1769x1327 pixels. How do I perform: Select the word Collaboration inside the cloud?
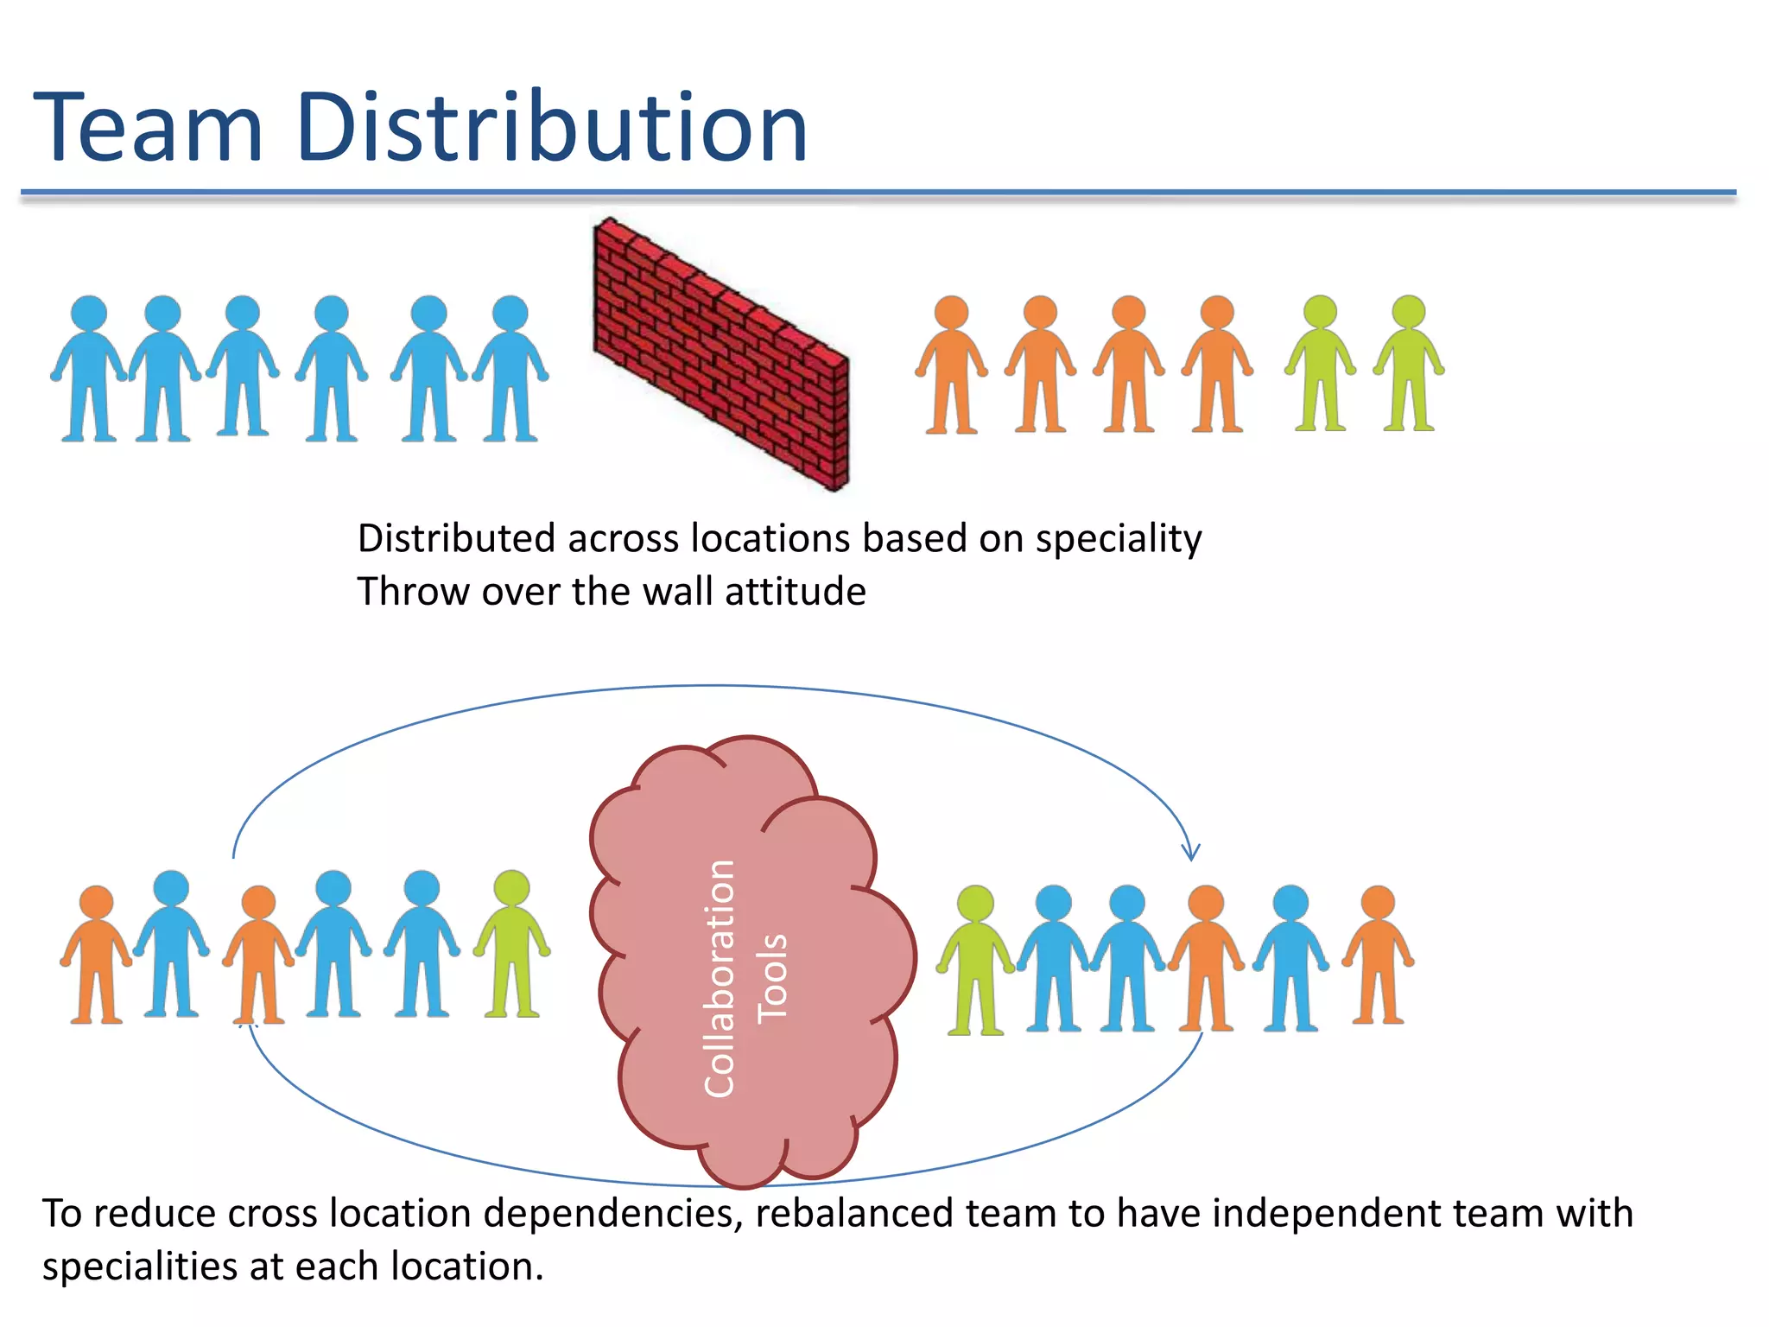tap(719, 978)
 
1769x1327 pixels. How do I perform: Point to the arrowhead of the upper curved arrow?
tap(1191, 854)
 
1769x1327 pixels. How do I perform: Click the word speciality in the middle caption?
tap(1119, 538)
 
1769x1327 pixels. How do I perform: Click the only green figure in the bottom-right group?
tap(976, 959)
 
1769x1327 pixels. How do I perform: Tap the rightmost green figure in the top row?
tap(1409, 363)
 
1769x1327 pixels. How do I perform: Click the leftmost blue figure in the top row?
tap(88, 368)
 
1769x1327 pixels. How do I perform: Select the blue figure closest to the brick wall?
tap(510, 368)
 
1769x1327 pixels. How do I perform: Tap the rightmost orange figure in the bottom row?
tap(1378, 955)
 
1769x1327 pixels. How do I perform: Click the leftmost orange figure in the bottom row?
tap(96, 955)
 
